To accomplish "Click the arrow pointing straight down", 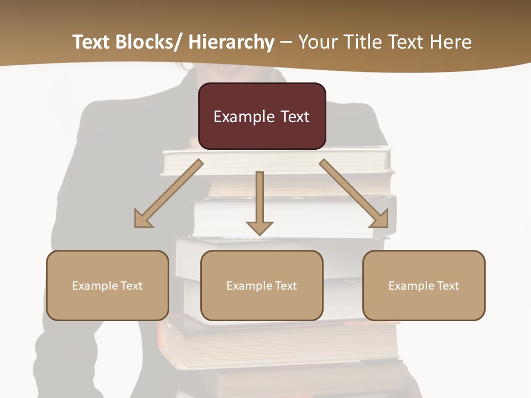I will click(x=259, y=202).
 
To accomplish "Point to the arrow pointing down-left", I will click(x=169, y=194).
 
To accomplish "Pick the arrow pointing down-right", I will click(x=354, y=193).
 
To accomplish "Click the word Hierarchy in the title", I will click(x=231, y=42).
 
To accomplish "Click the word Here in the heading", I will click(x=451, y=42).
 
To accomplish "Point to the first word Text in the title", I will click(x=91, y=42).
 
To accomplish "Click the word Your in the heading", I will click(x=318, y=42).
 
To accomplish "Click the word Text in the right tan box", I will click(x=448, y=286).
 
